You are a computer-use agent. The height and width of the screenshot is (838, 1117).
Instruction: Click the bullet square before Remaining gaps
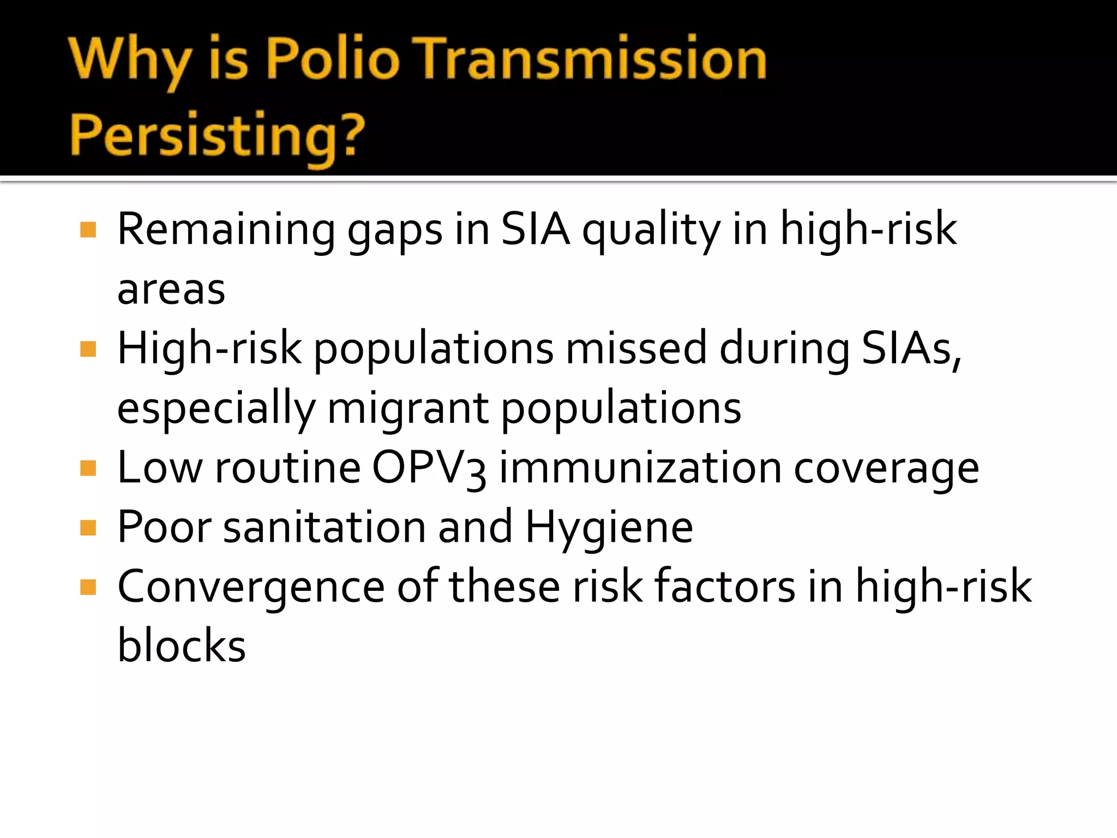click(x=88, y=230)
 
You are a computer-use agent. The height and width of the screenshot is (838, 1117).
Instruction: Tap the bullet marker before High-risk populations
click(x=88, y=349)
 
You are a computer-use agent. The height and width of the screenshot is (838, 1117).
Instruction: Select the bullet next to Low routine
click(x=88, y=468)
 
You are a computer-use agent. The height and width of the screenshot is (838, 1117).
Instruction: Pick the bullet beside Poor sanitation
click(x=88, y=528)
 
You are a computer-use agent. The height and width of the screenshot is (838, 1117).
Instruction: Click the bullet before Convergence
click(x=88, y=587)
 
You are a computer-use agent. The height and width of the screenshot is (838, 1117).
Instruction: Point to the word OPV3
click(x=429, y=469)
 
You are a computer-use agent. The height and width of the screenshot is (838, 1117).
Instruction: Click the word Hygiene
click(x=609, y=528)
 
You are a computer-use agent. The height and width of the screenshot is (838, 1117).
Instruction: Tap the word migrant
click(x=408, y=409)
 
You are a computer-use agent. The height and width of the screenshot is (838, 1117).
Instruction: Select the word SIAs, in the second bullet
click(x=911, y=349)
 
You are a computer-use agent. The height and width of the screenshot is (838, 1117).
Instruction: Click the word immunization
click(x=640, y=469)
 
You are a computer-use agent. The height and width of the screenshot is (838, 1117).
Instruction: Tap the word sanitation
click(x=324, y=528)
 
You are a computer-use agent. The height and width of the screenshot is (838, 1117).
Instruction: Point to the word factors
click(x=725, y=587)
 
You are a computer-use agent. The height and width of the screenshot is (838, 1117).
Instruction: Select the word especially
click(x=217, y=409)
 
